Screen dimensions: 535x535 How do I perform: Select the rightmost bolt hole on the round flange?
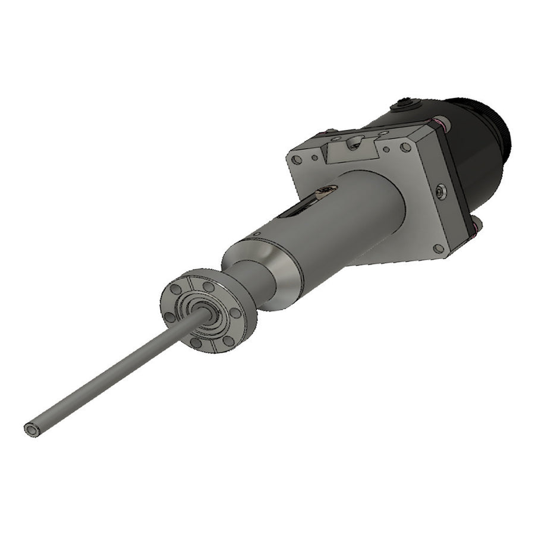(235, 313)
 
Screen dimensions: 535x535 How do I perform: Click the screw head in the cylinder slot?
(326, 190)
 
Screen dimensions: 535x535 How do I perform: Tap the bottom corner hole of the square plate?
(438, 248)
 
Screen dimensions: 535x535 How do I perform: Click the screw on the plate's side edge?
(439, 191)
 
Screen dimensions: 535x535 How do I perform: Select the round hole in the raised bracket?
(356, 141)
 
